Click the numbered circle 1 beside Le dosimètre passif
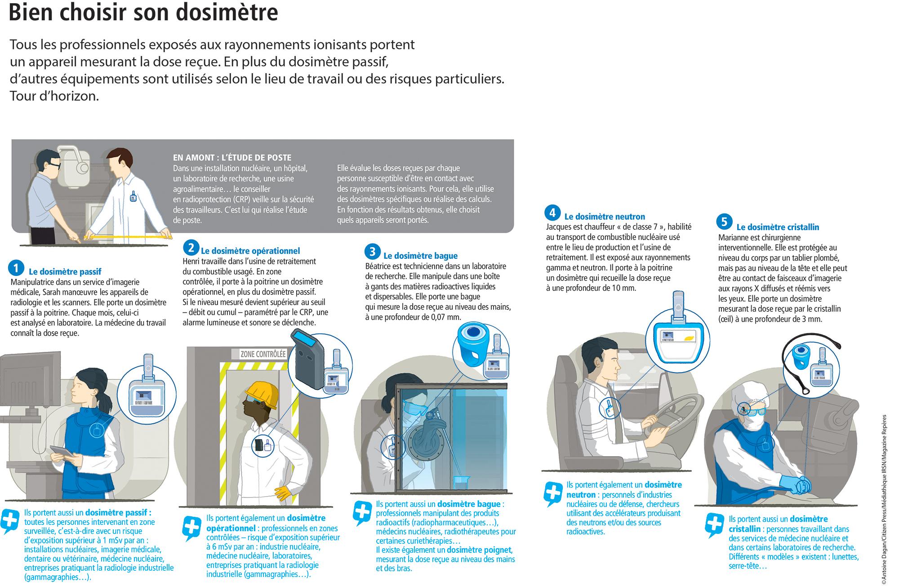click(x=16, y=268)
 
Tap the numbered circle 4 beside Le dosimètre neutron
click(x=552, y=213)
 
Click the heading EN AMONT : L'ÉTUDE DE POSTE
click(x=232, y=158)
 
